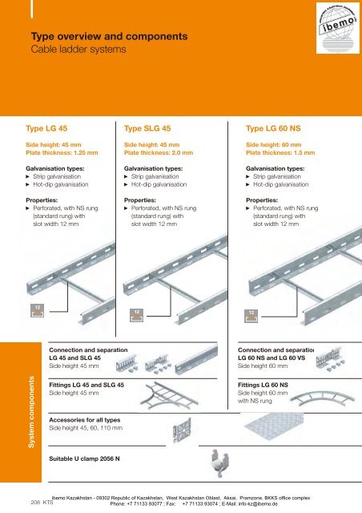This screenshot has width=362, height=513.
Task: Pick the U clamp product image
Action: pyautogui.click(x=192, y=461)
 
